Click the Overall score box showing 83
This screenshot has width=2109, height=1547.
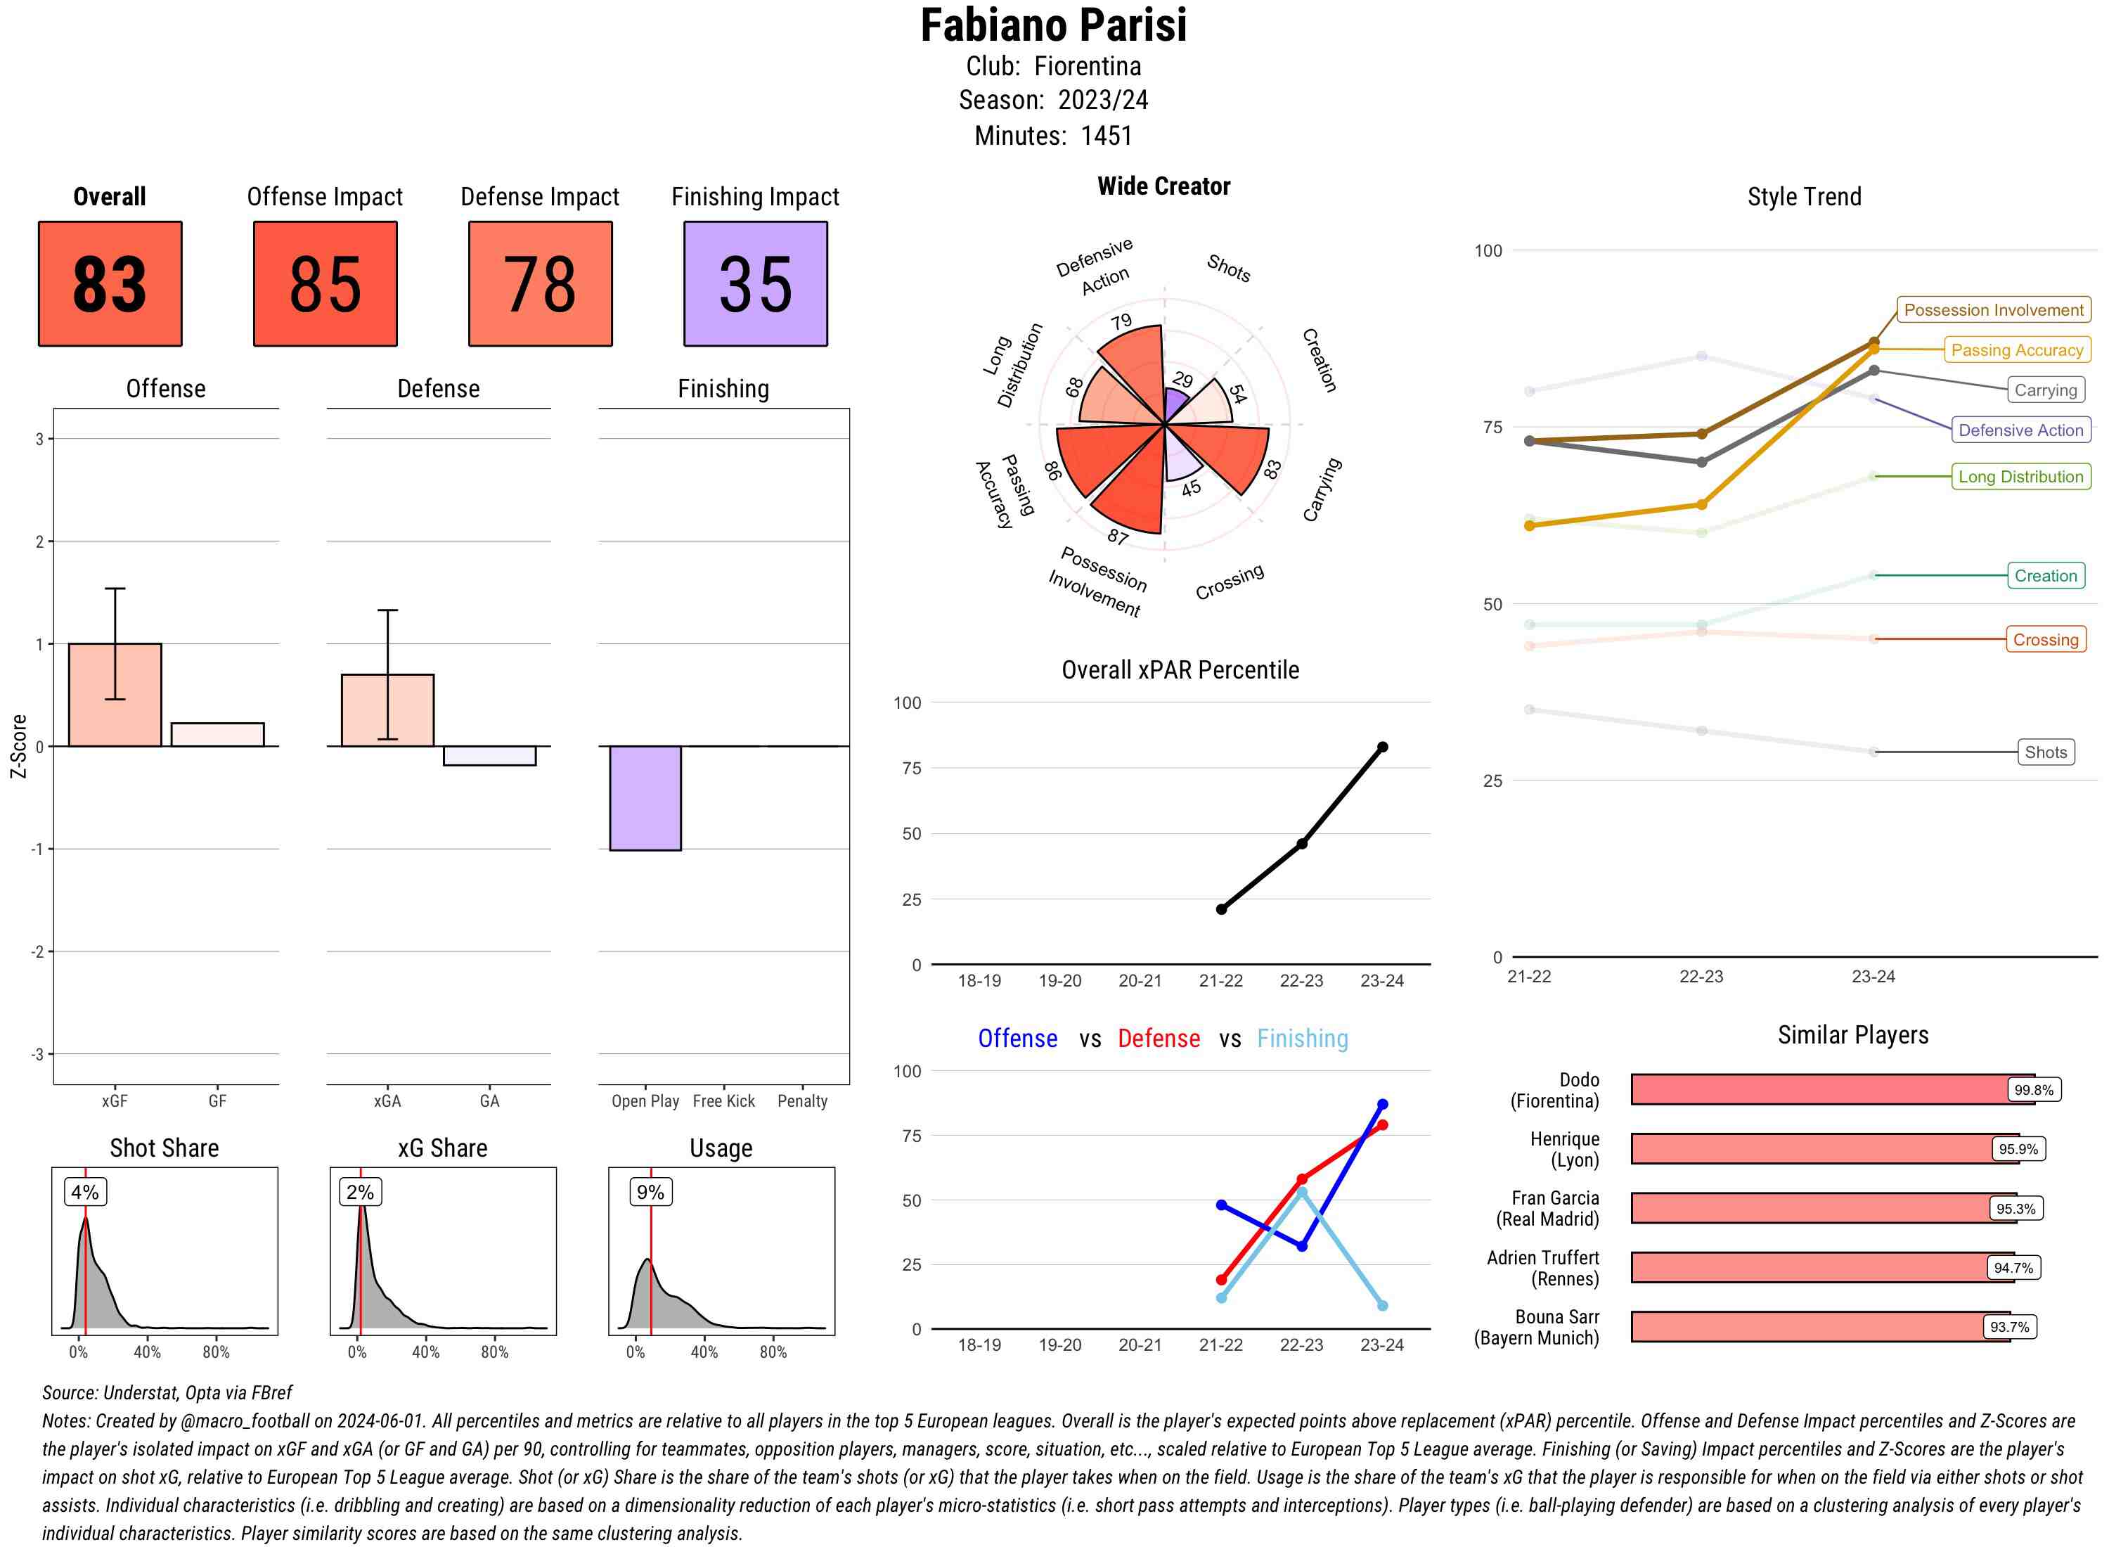click(110, 284)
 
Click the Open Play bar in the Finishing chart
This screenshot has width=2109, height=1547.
click(645, 798)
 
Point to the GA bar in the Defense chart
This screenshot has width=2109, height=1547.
click(489, 756)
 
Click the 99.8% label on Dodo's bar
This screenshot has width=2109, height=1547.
click(2033, 1090)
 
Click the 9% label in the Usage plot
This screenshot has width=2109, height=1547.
click(650, 1192)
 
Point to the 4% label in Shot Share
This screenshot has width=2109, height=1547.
click(84, 1192)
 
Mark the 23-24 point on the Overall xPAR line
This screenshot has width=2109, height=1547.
click(1381, 747)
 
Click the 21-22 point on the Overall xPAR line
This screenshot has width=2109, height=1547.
click(1220, 909)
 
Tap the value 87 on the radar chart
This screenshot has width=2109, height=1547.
click(1118, 537)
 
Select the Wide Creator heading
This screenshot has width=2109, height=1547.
click(1163, 186)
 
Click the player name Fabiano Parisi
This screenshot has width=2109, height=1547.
click(1053, 25)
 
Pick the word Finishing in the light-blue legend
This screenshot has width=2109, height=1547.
click(1302, 1039)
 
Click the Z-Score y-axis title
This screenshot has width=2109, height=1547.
click(18, 745)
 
